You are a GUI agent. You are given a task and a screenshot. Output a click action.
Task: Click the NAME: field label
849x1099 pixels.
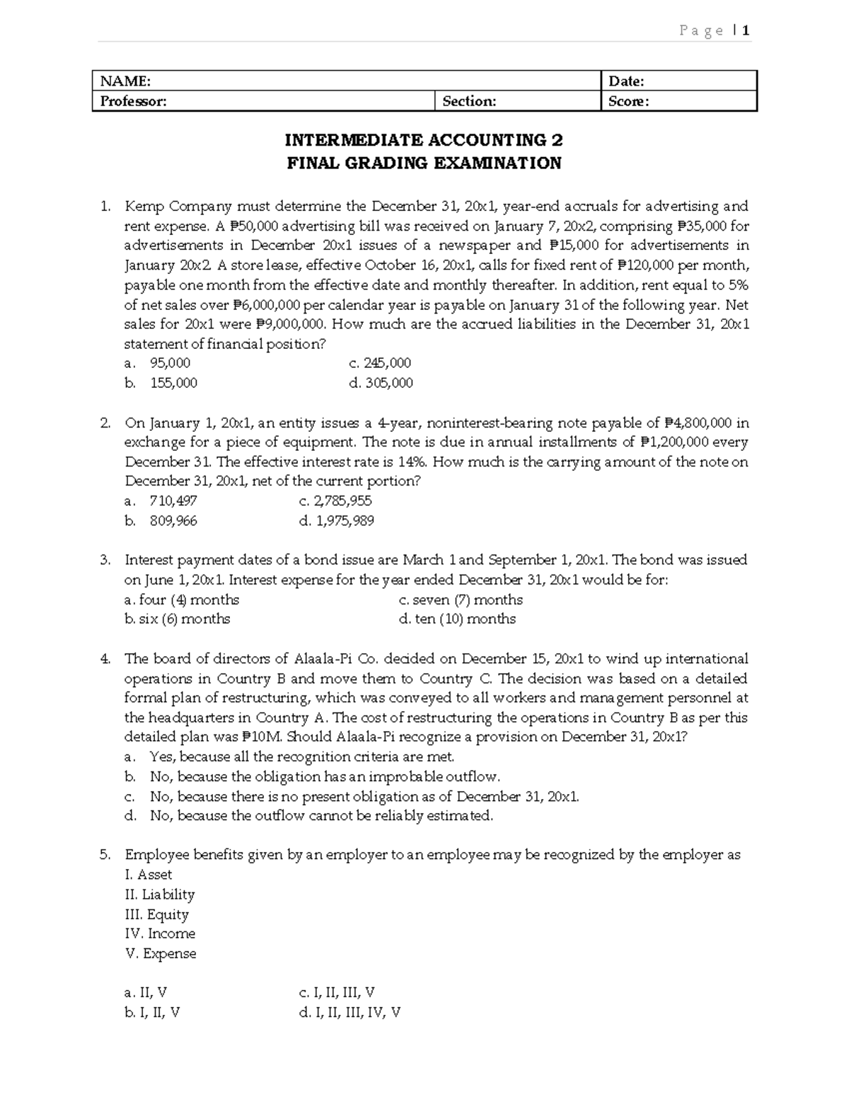pos(125,81)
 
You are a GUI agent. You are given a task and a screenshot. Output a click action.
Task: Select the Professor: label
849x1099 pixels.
pos(133,101)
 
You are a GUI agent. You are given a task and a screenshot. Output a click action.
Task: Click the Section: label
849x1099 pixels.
pos(469,101)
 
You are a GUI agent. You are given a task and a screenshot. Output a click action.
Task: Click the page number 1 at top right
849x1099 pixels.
pos(746,30)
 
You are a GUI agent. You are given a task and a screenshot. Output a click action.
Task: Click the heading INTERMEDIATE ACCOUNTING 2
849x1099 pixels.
pos(424,140)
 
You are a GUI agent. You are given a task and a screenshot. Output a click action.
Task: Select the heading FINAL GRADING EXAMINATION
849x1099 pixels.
pos(424,163)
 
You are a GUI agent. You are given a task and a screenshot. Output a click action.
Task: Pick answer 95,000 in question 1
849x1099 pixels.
pos(170,363)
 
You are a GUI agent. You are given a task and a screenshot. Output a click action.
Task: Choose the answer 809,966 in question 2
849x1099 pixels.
pos(173,521)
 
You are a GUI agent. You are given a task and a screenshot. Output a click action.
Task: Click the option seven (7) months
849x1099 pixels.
pos(461,600)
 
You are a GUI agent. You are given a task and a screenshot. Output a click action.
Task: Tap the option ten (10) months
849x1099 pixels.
pos(457,619)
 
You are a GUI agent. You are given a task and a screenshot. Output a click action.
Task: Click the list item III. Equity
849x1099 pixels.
pos(156,914)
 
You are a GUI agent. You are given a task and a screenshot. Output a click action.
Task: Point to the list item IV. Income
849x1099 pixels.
pos(160,934)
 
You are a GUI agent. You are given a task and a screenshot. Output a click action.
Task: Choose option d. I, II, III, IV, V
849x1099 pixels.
pos(350,1013)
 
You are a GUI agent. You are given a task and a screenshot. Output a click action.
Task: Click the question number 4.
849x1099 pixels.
pos(105,659)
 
